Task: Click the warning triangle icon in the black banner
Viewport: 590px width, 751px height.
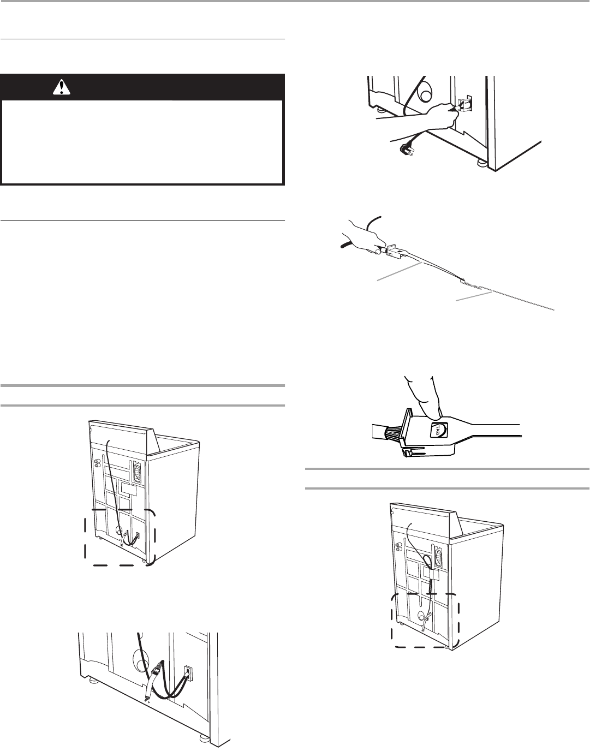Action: point(62,87)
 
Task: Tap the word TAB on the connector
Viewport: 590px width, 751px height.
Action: point(438,431)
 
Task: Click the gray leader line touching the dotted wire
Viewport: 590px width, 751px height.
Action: point(474,296)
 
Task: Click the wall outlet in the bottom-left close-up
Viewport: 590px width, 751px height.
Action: point(188,673)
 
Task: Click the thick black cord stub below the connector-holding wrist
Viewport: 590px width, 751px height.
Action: point(345,245)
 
